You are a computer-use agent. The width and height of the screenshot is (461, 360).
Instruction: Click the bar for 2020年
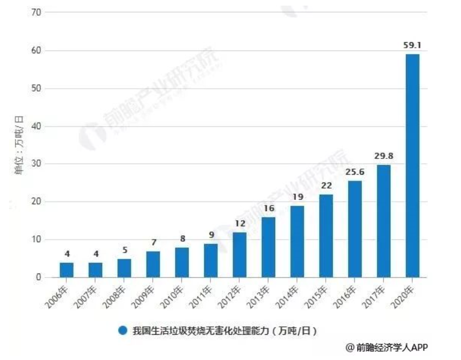[413, 166]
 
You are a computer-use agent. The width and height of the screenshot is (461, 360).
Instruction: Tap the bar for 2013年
[268, 247]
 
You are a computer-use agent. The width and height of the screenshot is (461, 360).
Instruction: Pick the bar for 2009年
[153, 264]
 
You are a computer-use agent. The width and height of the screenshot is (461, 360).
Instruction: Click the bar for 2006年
[66, 270]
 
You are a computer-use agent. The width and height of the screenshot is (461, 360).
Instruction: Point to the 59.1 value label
[413, 45]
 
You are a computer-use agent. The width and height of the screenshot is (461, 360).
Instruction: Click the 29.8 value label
[384, 156]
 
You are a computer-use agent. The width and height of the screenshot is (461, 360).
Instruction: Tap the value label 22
[326, 185]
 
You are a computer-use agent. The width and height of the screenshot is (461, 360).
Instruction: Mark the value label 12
[240, 223]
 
